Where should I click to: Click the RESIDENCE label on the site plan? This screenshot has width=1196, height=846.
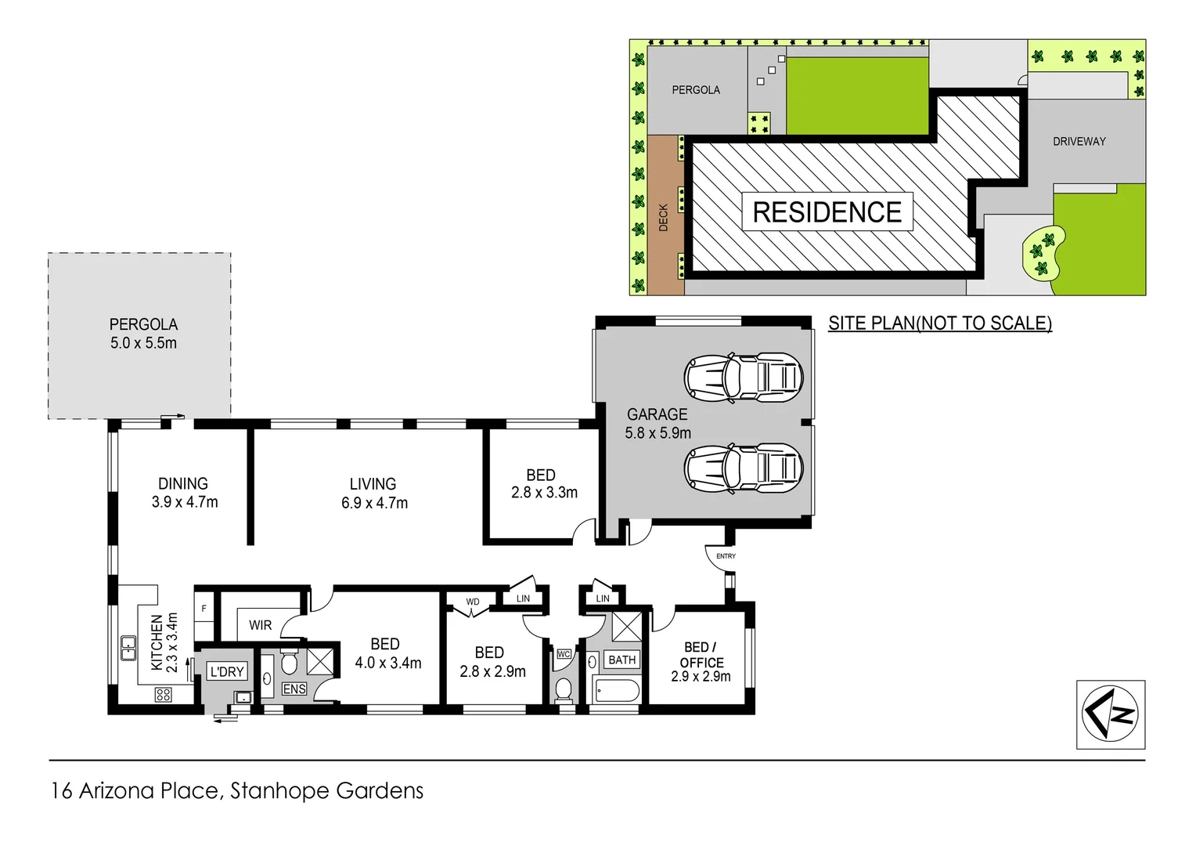pos(827,212)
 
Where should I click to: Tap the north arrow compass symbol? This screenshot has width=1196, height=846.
pos(1110,714)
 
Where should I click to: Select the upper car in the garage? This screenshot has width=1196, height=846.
pos(744,377)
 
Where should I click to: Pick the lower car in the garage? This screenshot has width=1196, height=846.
pos(744,468)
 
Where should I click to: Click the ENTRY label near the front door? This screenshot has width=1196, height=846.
pos(726,556)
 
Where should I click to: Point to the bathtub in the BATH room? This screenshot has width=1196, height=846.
pos(618,691)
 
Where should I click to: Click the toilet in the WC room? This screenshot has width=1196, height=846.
pos(563,689)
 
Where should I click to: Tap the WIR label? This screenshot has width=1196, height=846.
pos(261,625)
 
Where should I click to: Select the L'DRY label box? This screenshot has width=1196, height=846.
pos(227,671)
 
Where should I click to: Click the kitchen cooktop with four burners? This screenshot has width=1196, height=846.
pos(163,694)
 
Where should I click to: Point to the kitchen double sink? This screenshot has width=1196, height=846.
pos(128,649)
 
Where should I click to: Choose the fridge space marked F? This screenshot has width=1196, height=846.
pos(204,609)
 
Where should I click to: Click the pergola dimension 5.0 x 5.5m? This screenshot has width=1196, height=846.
pos(143,343)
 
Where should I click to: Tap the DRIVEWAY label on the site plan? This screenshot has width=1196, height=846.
pos(1079,142)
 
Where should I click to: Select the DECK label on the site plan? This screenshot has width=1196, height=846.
pos(664,217)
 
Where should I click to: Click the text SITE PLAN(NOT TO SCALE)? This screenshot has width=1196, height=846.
pos(939,324)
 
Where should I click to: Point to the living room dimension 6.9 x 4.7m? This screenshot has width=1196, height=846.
pos(374,503)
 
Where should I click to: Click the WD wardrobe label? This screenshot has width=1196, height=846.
pos(473,602)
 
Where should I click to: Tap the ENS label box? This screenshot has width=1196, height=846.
pos(294,689)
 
